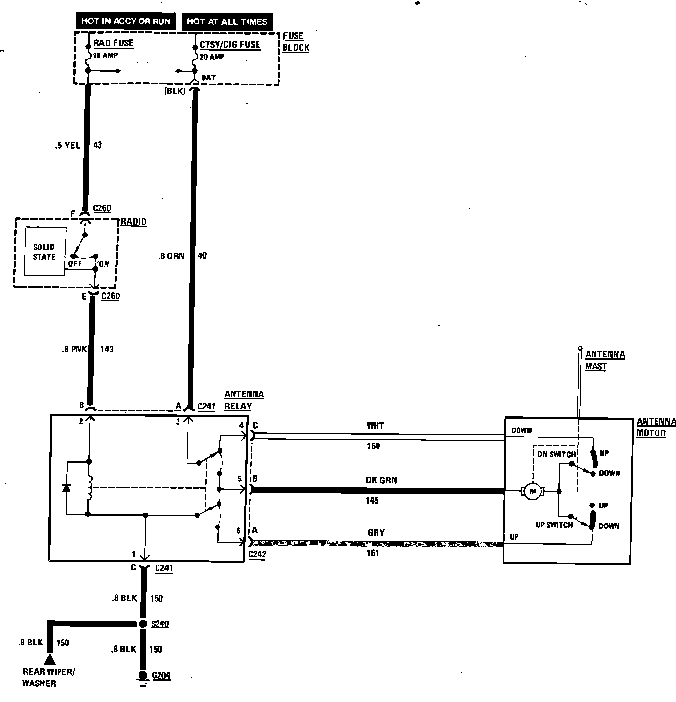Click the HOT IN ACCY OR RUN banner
coord(125,21)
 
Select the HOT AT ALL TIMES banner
coord(227,21)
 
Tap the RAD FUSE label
coord(113,43)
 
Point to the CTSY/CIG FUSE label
coord(230,45)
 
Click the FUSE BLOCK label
coord(296,42)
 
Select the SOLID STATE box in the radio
coord(45,252)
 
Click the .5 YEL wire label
coord(67,145)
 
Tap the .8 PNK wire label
coord(75,349)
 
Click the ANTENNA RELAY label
coord(244,400)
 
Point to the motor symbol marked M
coord(533,491)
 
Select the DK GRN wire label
coord(381,480)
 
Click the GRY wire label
coord(376,533)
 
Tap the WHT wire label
coord(376,426)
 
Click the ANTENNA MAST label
coord(605,360)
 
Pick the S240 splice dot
coord(143,624)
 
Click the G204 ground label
coord(161,676)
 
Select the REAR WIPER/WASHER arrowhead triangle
coord(50,660)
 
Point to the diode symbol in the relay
coord(67,487)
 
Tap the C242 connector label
coord(257,555)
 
